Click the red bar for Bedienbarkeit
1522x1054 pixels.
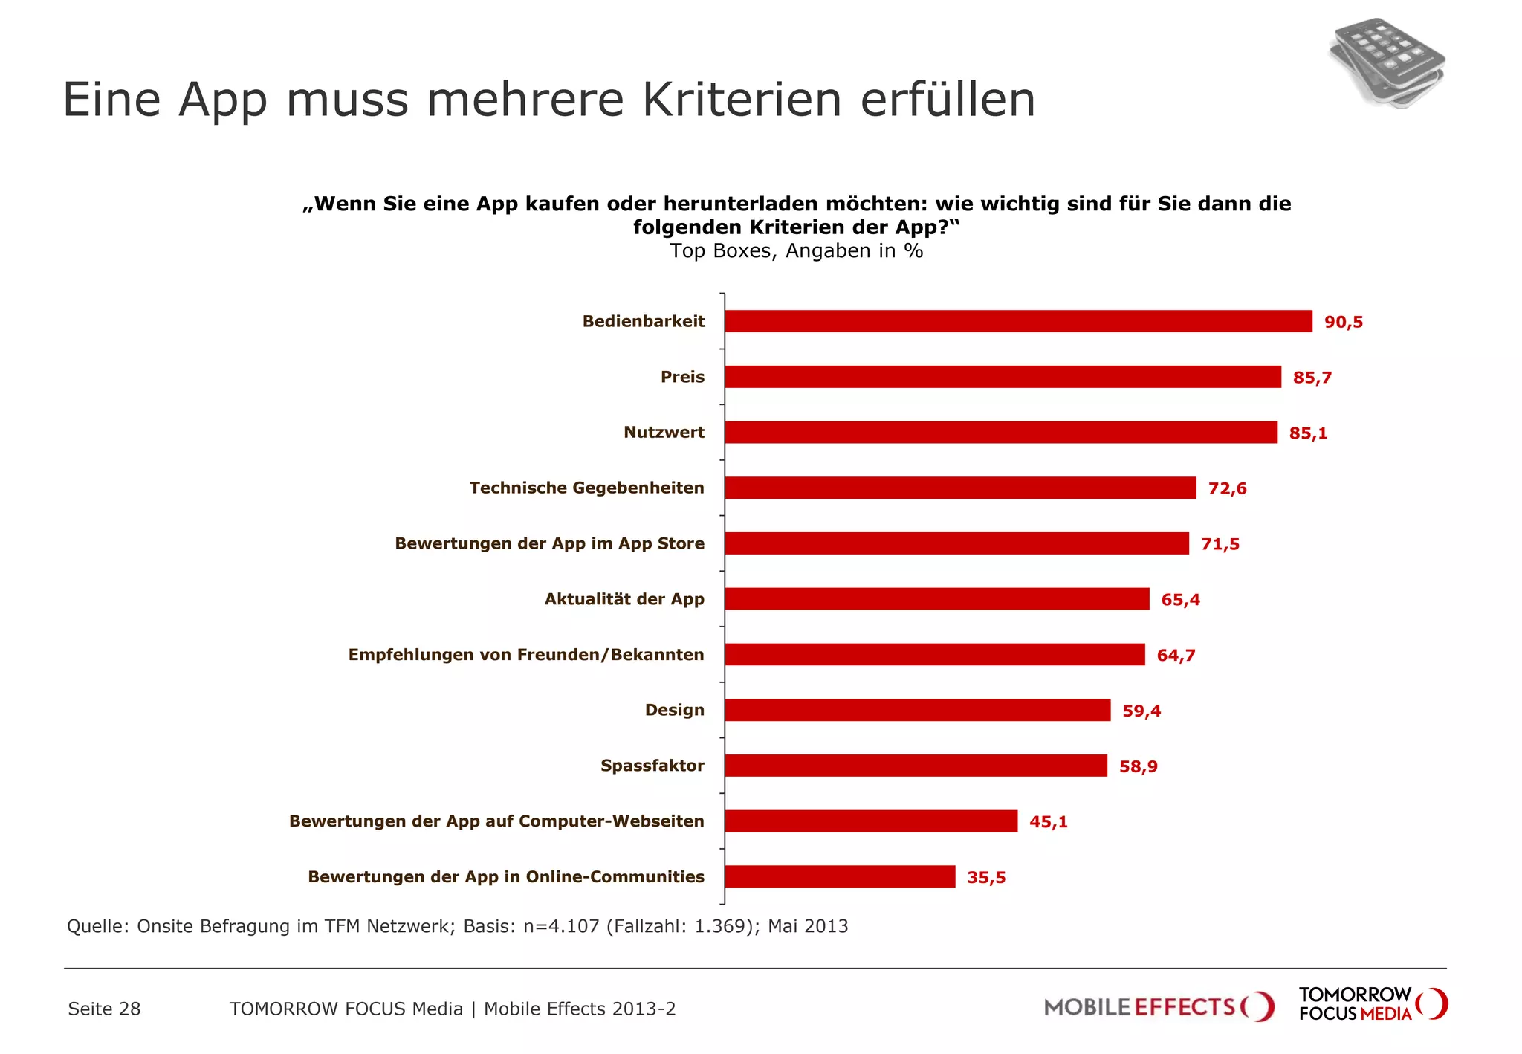click(x=1018, y=321)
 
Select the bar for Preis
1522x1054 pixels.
click(x=1003, y=377)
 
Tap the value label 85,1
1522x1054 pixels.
click(x=1308, y=433)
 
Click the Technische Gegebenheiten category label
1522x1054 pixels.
click(x=586, y=488)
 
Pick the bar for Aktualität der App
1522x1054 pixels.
click(x=936, y=599)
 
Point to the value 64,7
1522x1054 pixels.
click(x=1176, y=656)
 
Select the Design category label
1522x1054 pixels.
click(x=674, y=710)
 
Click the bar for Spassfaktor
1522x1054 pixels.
click(x=916, y=766)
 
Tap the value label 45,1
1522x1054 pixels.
click(x=1048, y=822)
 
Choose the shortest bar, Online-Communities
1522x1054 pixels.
click(x=840, y=877)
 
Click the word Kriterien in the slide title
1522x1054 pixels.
click(x=741, y=100)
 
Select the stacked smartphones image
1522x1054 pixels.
click(x=1387, y=64)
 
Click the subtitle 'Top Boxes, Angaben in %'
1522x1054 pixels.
click(x=796, y=251)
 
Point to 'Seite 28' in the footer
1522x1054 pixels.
click(x=104, y=1009)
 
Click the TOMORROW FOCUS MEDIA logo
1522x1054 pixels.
click(x=1372, y=1004)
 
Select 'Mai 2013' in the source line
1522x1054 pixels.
click(x=808, y=927)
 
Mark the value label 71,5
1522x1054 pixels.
click(x=1220, y=545)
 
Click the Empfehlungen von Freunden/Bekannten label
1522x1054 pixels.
click(x=525, y=655)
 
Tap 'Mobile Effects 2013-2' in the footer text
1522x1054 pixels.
click(x=580, y=1009)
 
